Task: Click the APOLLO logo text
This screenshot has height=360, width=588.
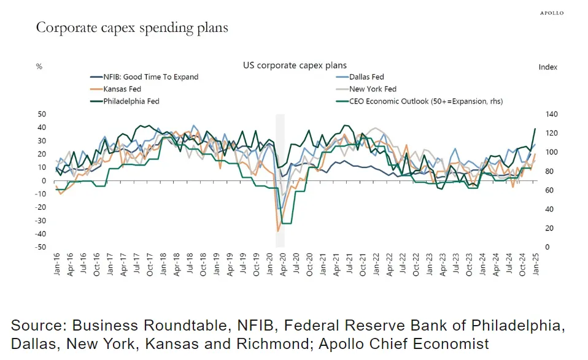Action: click(551, 13)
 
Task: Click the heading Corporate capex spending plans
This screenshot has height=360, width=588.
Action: click(132, 28)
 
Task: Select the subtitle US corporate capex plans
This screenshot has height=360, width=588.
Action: click(295, 65)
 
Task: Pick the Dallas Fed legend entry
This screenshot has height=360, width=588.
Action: click(366, 77)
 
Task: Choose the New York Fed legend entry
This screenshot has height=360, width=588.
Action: click(373, 89)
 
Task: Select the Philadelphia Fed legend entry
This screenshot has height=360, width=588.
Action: click(131, 101)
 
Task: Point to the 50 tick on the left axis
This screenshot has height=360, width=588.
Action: click(42, 114)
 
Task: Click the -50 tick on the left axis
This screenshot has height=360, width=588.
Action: click(41, 247)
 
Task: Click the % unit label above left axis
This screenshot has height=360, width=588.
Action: click(39, 67)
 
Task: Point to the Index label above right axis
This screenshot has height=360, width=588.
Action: click(548, 67)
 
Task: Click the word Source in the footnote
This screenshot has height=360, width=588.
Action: click(36, 325)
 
